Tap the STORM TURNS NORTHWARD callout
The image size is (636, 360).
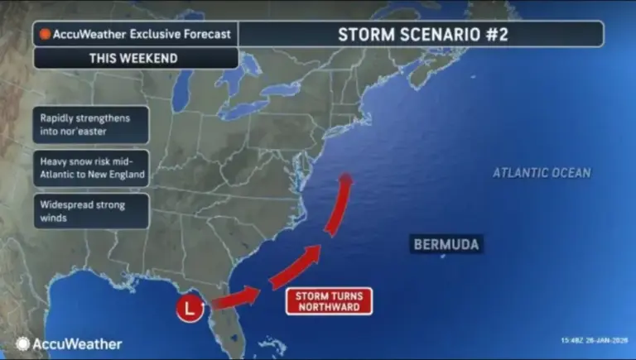point(328,301)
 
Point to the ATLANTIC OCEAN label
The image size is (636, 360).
point(542,173)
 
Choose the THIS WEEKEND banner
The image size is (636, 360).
point(136,58)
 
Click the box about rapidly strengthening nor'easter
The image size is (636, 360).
point(92,125)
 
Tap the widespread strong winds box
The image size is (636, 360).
point(92,211)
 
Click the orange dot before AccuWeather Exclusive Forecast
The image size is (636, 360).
point(46,36)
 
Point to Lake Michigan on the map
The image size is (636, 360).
point(197,99)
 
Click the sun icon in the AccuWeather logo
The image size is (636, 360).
point(22,343)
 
